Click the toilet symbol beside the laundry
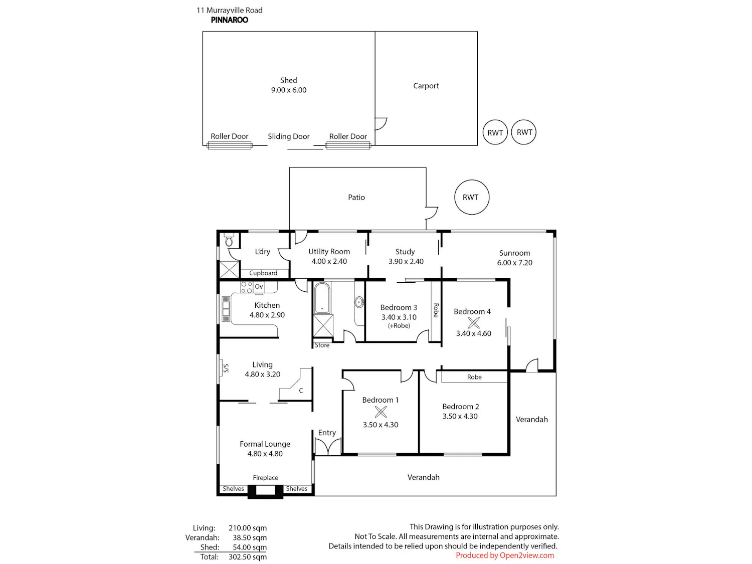tap(229, 240)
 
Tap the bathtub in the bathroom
tap(322, 297)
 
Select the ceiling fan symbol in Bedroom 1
tap(381, 412)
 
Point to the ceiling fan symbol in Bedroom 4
tap(473, 322)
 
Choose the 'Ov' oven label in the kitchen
tap(259, 286)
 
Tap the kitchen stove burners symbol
tap(246, 287)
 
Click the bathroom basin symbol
tap(358, 302)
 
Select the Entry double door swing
tap(328, 447)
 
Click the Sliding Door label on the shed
tap(288, 136)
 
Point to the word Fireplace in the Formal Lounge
tap(265, 477)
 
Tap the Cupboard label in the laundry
tap(263, 273)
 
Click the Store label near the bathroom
tap(322, 345)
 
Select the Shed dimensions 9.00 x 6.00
tap(288, 90)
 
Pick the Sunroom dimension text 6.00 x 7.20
tap(514, 263)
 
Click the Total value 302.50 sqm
tap(247, 557)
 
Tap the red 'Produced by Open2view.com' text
tap(505, 555)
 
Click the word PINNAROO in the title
tap(229, 20)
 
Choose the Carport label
tap(426, 86)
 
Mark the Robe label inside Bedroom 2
tap(474, 377)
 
